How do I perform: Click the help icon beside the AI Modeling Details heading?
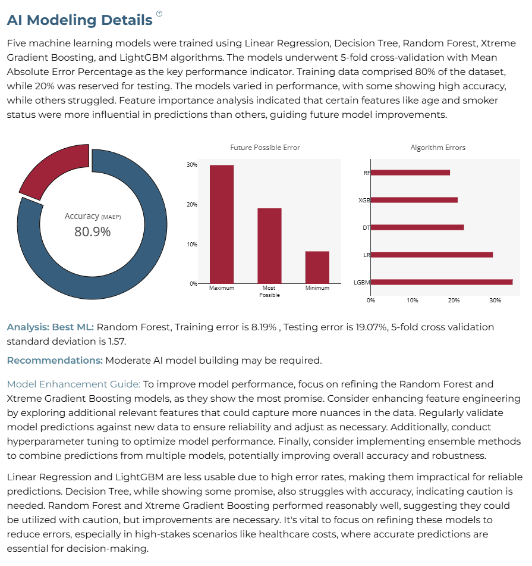[159, 14]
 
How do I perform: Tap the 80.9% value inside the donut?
[92, 232]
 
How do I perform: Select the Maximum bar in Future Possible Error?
[222, 224]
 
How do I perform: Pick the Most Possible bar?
[269, 246]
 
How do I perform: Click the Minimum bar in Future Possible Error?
[317, 267]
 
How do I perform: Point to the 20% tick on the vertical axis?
[192, 205]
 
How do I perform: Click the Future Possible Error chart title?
[265, 148]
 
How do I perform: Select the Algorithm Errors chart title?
[438, 148]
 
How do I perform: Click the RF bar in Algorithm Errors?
[410, 173]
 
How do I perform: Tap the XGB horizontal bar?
[414, 200]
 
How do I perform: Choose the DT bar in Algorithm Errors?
[417, 227]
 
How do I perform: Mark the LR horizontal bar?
[432, 255]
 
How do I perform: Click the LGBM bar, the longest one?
[442, 282]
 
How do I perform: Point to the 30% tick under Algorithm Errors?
[495, 301]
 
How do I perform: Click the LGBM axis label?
[361, 282]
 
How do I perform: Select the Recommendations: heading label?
[55, 361]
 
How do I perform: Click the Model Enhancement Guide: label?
[74, 384]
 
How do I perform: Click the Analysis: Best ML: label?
[50, 327]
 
